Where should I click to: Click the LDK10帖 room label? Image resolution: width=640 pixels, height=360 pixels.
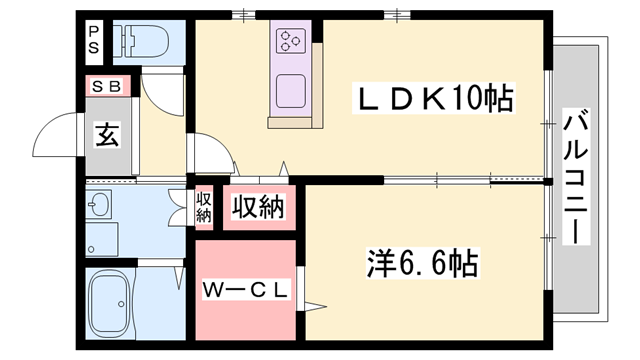[x=435, y=99]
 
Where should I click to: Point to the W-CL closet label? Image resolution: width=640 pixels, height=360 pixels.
[x=246, y=290]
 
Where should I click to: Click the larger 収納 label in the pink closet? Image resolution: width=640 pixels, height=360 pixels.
[x=258, y=207]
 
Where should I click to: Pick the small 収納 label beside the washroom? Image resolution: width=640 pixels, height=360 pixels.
[x=204, y=207]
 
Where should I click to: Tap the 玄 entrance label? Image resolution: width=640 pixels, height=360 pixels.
[x=107, y=134]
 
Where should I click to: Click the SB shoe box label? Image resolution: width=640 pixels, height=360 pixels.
[x=106, y=86]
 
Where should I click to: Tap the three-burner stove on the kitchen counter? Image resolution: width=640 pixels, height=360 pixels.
[x=292, y=40]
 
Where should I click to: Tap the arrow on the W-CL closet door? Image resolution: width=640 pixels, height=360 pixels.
[x=309, y=303]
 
